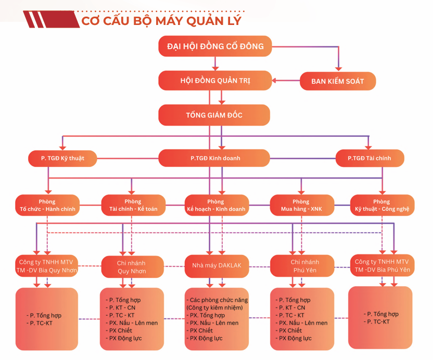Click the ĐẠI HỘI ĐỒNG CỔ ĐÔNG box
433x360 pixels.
coord(215,46)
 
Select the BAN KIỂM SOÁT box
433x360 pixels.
coord(338,81)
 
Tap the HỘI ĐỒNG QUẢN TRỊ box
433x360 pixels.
coord(214,81)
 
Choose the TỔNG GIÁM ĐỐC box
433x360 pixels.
coord(214,115)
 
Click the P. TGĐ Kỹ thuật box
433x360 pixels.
coord(62,158)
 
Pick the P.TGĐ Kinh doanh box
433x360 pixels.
coord(214,158)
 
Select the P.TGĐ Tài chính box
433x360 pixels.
coord(369,158)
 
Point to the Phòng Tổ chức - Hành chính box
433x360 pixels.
coord(47,205)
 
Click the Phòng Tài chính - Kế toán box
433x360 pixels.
coord(133,205)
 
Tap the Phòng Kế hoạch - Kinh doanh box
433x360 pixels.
coord(215,205)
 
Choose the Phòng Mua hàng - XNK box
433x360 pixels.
coord(300,205)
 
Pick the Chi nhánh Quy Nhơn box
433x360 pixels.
coord(132,266)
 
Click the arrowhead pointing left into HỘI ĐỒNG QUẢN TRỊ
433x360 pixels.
coord(274,81)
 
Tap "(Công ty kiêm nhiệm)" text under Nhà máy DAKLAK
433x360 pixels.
coord(213,308)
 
